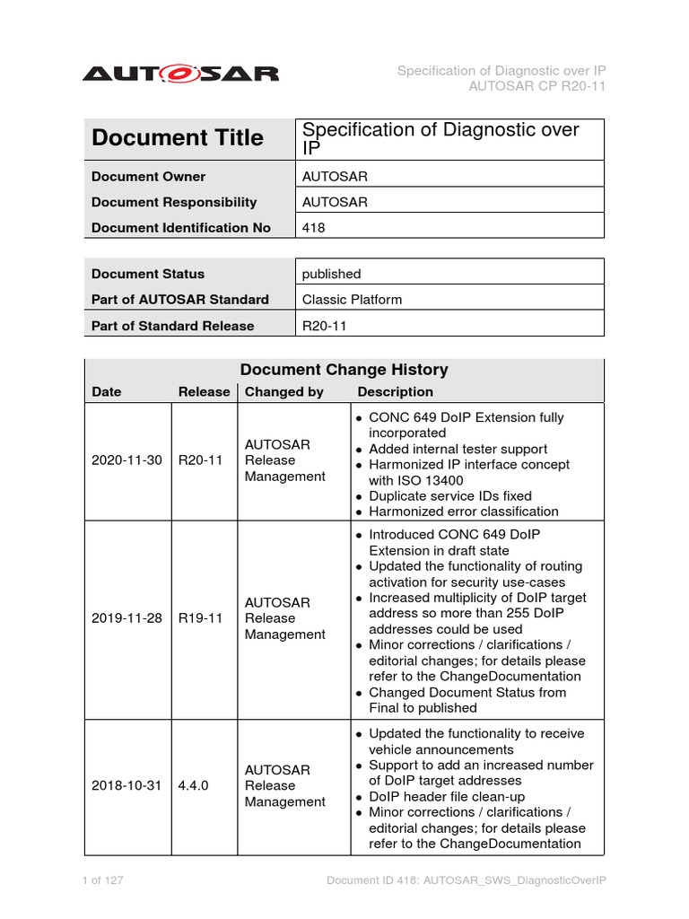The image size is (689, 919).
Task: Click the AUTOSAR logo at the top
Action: pyautogui.click(x=180, y=73)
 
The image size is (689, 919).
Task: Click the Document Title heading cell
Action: pyautogui.click(x=178, y=138)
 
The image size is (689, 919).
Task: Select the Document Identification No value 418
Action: pyautogui.click(x=314, y=228)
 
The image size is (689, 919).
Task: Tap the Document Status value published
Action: pyautogui.click(x=332, y=274)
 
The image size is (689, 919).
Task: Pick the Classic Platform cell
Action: pyautogui.click(x=352, y=300)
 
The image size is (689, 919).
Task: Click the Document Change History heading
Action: pyautogui.click(x=344, y=370)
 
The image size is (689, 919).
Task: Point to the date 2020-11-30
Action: pyautogui.click(x=126, y=460)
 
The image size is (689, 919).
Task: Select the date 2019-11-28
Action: pyautogui.click(x=126, y=618)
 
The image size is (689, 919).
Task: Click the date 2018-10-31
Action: pyautogui.click(x=126, y=785)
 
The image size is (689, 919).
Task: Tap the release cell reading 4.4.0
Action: pyautogui.click(x=195, y=785)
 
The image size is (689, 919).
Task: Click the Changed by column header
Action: pyautogui.click(x=284, y=392)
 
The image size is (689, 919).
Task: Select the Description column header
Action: pyautogui.click(x=395, y=392)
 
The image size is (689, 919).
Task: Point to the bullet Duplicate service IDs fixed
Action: pyautogui.click(x=449, y=496)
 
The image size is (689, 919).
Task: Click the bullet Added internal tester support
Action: pyautogui.click(x=458, y=449)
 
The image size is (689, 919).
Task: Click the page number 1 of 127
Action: pyautogui.click(x=102, y=881)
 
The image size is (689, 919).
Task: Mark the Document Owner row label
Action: pyautogui.click(x=148, y=177)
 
